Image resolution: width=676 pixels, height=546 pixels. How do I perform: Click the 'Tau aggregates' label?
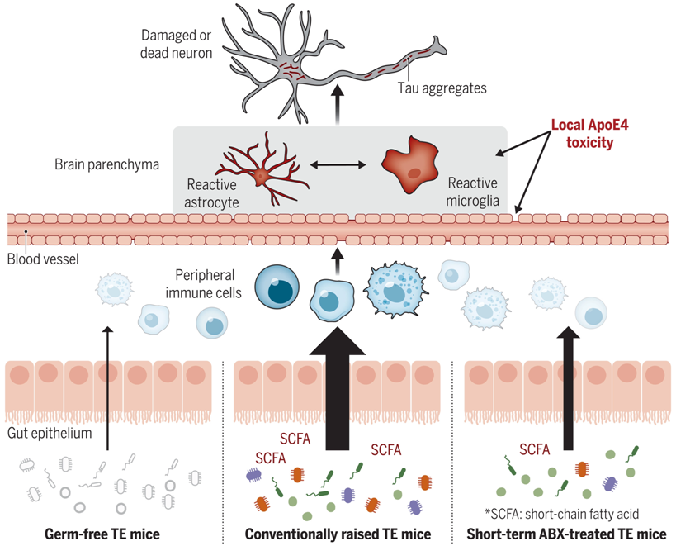pyautogui.click(x=442, y=88)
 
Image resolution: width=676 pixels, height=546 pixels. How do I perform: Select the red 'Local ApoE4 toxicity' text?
pyautogui.click(x=590, y=134)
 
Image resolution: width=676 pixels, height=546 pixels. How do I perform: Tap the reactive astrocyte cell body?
pyautogui.click(x=261, y=175)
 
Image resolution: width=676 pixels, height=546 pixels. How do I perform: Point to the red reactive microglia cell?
pyautogui.click(x=409, y=164)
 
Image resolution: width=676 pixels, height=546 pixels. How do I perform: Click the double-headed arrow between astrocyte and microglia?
pyautogui.click(x=338, y=164)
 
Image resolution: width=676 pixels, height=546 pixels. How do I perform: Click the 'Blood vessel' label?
pyautogui.click(x=43, y=259)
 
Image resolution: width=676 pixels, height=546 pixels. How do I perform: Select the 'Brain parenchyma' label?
pyautogui.click(x=107, y=164)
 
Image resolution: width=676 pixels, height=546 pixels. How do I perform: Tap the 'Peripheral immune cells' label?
pyautogui.click(x=204, y=284)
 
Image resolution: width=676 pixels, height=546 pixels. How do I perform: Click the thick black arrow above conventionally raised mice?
pyautogui.click(x=337, y=388)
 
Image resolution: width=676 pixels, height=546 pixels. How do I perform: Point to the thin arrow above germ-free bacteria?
pyautogui.click(x=108, y=388)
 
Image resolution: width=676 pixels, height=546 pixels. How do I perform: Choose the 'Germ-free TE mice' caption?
pyautogui.click(x=102, y=534)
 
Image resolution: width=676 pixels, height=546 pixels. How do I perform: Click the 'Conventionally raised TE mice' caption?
pyautogui.click(x=338, y=534)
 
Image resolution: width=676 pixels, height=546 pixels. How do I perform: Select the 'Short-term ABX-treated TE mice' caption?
pyautogui.click(x=566, y=534)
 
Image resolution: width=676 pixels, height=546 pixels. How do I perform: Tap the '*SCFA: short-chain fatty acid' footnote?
pyautogui.click(x=562, y=514)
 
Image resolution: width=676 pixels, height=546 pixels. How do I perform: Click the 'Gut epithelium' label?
pyautogui.click(x=50, y=433)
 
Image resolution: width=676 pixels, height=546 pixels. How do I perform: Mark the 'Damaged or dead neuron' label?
pyautogui.click(x=177, y=44)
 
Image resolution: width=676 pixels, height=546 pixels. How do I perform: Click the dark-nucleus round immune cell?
pyautogui.click(x=277, y=287)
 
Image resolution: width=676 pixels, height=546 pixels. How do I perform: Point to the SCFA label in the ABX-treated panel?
pyautogui.click(x=535, y=450)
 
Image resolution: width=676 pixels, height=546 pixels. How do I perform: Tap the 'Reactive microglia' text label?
pyautogui.click(x=472, y=192)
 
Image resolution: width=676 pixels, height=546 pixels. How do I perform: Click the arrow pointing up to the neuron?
pyautogui.click(x=338, y=105)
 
